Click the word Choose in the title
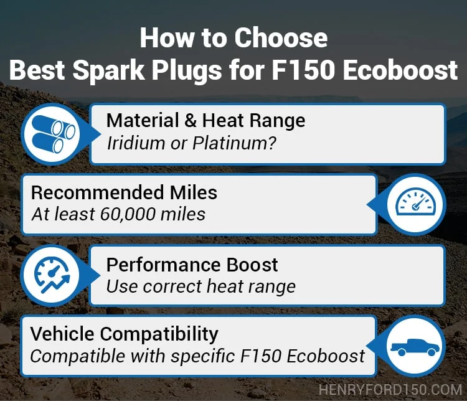coord(281,38)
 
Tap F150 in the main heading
coord(303,70)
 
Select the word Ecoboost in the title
coord(400,70)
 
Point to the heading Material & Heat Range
coord(206,121)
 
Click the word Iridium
coord(136,143)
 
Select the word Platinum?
coord(234,143)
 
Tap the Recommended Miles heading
coord(124,192)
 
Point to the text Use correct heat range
coord(201,286)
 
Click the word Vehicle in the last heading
coord(62,334)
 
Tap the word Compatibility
coord(159,334)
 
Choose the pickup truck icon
coord(415,347)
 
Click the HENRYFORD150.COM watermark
coord(390,390)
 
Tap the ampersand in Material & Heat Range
coord(191,121)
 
